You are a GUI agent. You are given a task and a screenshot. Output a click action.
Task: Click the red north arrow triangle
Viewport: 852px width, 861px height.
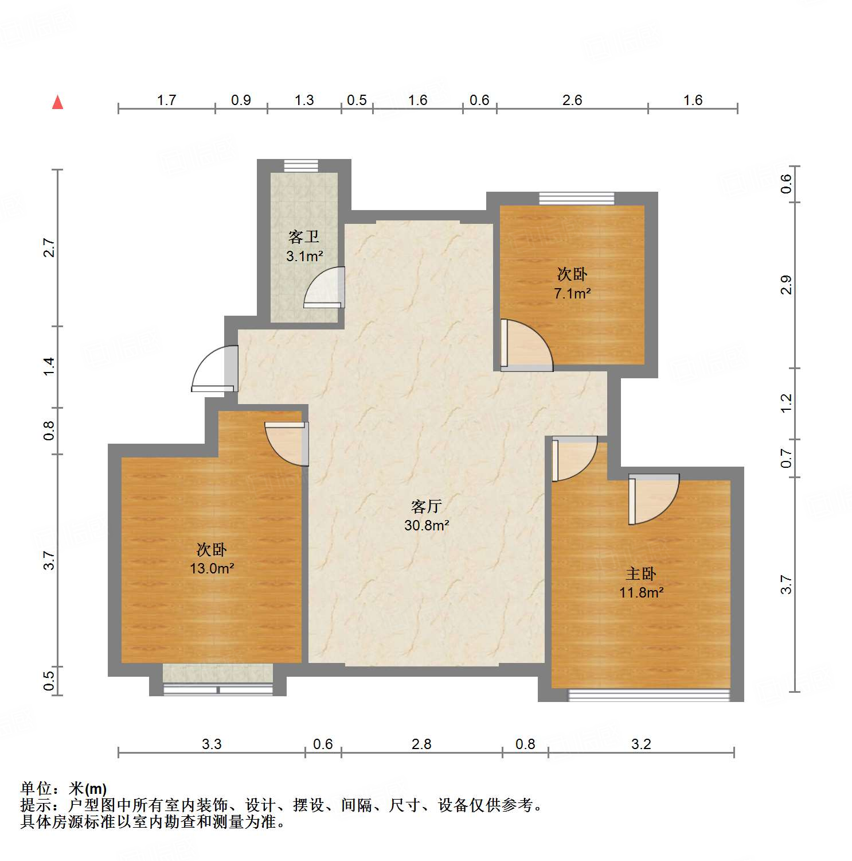tap(57, 103)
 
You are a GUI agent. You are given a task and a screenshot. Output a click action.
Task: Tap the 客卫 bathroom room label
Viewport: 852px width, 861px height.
tap(304, 236)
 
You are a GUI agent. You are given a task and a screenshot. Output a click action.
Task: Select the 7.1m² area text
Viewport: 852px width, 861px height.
tap(572, 294)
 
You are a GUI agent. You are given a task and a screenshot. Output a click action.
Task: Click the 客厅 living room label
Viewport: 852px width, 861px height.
tap(426, 506)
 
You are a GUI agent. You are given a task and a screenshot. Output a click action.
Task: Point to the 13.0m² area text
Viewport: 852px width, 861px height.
tap(212, 569)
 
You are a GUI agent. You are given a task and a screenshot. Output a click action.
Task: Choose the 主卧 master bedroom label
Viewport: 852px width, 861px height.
tap(640, 573)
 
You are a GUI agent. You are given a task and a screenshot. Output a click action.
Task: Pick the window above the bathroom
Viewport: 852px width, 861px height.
tap(301, 165)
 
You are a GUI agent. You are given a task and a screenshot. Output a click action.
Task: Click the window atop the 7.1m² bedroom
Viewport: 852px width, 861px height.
tap(576, 199)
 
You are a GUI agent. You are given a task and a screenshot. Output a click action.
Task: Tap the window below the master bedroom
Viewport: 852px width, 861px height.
tap(648, 695)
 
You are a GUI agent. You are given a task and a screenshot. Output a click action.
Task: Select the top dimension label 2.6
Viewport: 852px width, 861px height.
tap(572, 100)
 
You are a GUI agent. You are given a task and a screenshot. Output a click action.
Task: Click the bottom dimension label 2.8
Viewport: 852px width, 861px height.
tap(421, 744)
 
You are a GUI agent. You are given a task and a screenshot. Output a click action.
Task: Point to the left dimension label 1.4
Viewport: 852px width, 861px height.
tap(50, 366)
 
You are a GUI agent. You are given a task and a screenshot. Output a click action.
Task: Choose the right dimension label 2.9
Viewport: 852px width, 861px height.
tap(786, 285)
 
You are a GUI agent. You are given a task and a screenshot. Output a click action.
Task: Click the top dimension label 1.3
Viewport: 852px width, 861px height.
tap(304, 100)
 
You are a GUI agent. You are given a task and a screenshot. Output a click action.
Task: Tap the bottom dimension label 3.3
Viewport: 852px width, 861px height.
tap(211, 744)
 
